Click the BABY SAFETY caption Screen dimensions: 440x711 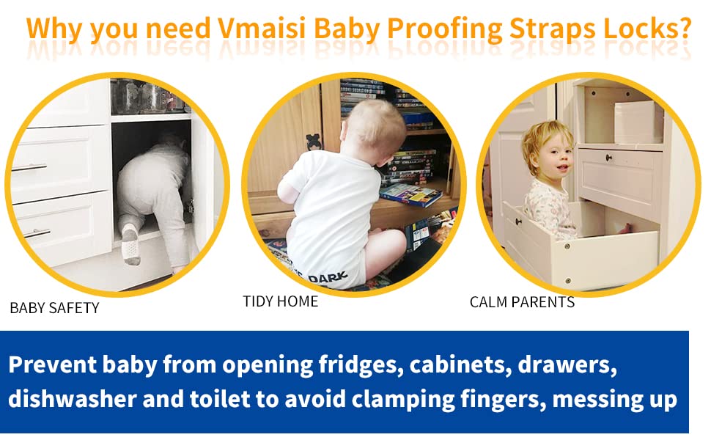click(54, 308)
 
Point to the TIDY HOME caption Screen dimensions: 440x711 click(281, 301)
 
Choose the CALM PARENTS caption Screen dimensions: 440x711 click(522, 301)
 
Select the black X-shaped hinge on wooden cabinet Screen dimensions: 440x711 click(314, 141)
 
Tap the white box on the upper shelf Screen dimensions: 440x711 click(638, 122)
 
